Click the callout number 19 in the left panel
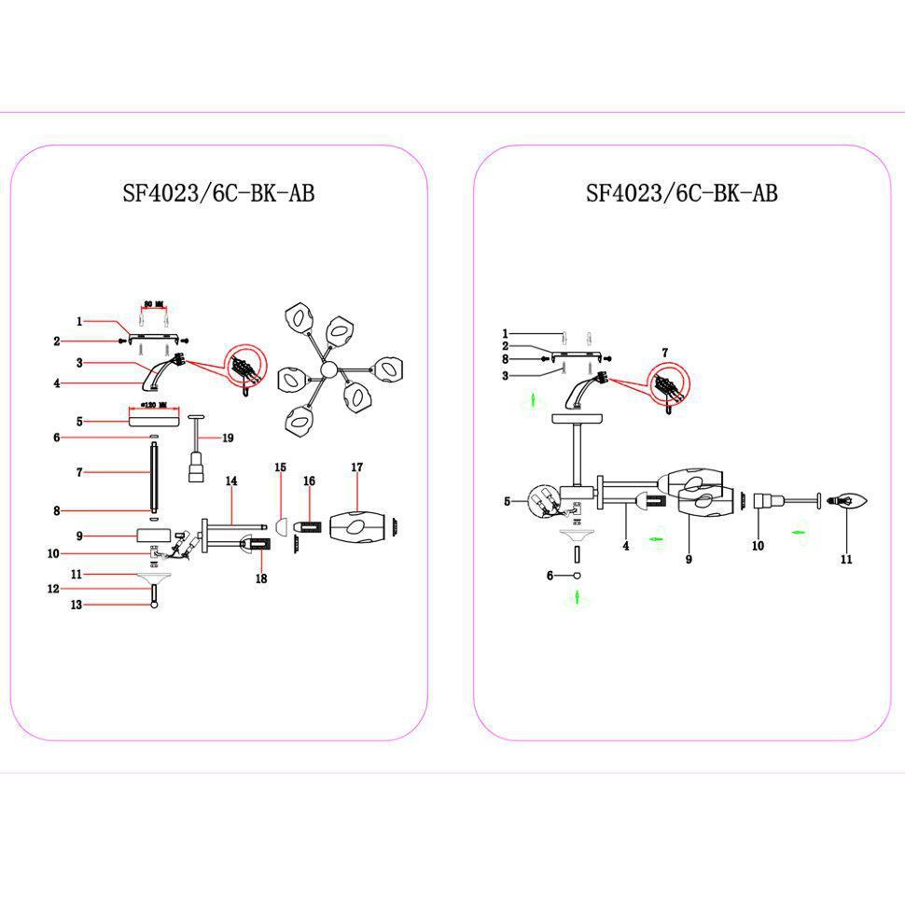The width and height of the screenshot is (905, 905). point(227,438)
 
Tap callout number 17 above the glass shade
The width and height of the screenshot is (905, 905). point(356,466)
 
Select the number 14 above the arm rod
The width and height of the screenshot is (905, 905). point(230,480)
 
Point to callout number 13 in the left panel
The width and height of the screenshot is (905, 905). point(77,605)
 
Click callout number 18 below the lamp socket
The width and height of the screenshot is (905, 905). point(260,579)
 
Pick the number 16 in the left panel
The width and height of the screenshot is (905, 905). point(309,480)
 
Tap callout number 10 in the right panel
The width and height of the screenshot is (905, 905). point(758,546)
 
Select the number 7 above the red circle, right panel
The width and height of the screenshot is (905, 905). point(664,353)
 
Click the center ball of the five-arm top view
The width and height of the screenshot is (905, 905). point(328,370)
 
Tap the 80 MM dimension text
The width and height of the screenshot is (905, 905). point(154,303)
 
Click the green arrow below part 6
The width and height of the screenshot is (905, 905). point(577,596)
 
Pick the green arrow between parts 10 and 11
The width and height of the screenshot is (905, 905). point(799,532)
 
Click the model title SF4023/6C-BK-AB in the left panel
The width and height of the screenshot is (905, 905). point(218,193)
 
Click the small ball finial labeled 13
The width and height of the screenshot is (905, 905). point(154,605)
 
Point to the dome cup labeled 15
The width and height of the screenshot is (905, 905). point(278,528)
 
